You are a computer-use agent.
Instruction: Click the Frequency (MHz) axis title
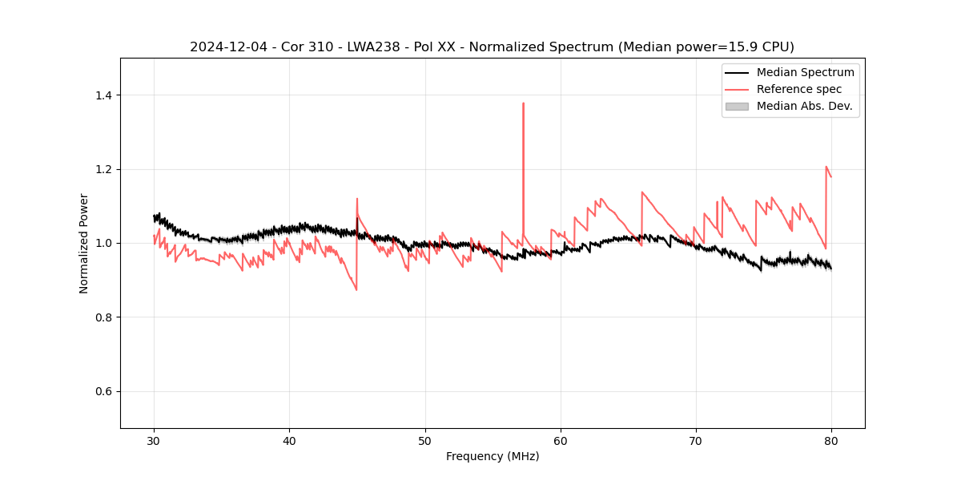pyautogui.click(x=493, y=456)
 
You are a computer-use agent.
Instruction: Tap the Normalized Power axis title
pyautogui.click(x=84, y=243)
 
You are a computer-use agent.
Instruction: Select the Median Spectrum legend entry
pyautogui.click(x=805, y=72)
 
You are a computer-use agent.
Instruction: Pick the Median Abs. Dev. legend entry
pyautogui.click(x=804, y=106)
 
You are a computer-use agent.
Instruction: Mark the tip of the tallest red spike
pyautogui.click(x=523, y=103)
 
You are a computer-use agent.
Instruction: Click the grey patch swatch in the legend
pyautogui.click(x=737, y=106)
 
